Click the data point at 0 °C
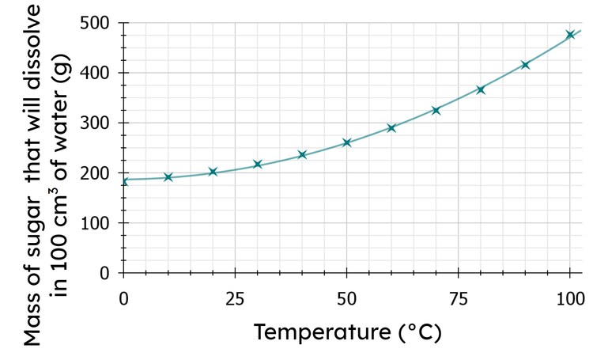[x=123, y=181]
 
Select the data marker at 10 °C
[x=168, y=177]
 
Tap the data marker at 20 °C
[x=213, y=172]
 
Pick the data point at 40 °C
[x=302, y=155]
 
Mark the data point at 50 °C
[x=346, y=143]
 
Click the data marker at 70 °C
[x=436, y=111]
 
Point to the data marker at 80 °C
[x=480, y=90]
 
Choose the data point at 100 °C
[x=569, y=35]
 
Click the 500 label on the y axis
[x=96, y=23]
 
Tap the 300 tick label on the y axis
[x=96, y=123]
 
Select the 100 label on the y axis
[x=96, y=223]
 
